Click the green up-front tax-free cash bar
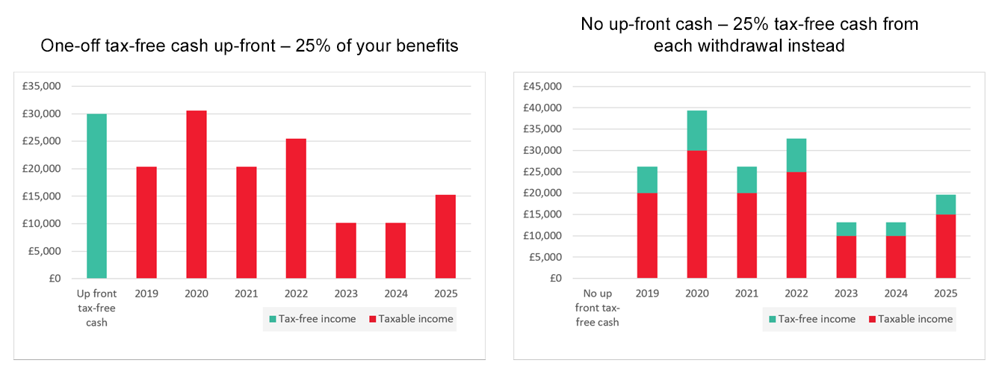click(x=96, y=196)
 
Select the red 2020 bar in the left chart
click(x=196, y=194)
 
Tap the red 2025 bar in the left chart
click(x=445, y=236)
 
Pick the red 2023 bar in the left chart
click(x=345, y=250)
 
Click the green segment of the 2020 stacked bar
click(x=696, y=130)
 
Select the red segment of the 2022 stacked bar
click(x=796, y=224)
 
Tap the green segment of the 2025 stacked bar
click(x=945, y=205)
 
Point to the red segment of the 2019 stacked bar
click(x=647, y=235)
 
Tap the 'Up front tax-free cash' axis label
click(x=96, y=308)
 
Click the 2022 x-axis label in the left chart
click(x=295, y=294)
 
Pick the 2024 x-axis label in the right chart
click(x=895, y=294)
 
